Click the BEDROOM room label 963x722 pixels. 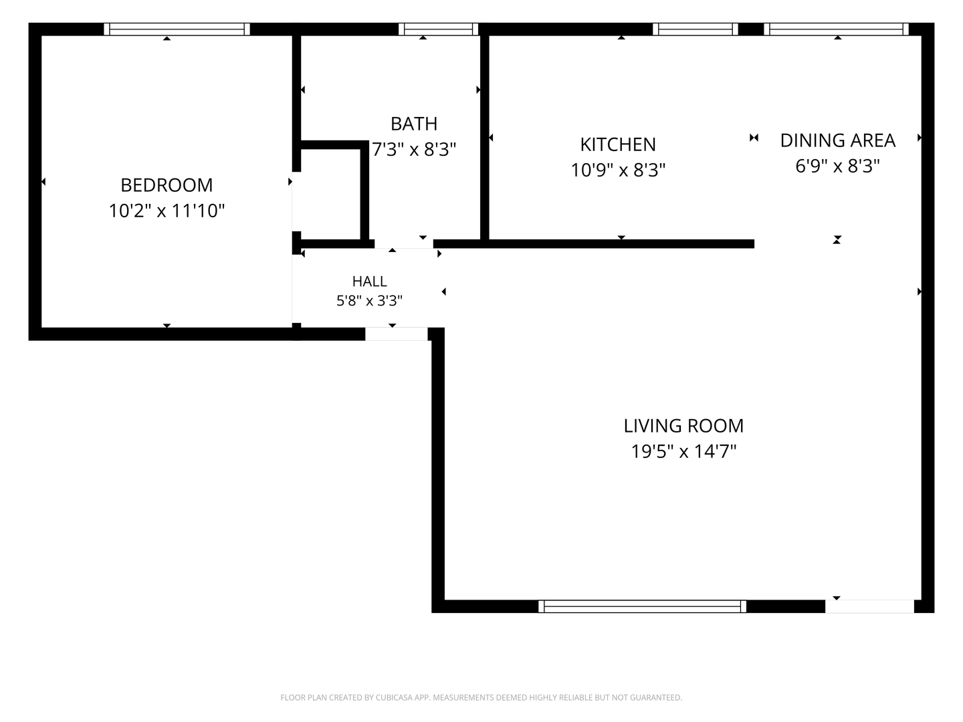click(x=167, y=185)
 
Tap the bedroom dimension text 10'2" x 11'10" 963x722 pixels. click(x=167, y=211)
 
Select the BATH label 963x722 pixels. click(x=414, y=124)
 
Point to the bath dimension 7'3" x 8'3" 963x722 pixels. click(x=414, y=150)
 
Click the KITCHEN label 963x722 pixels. click(x=618, y=144)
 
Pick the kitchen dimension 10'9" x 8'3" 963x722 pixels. click(x=618, y=170)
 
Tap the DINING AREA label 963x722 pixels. click(x=837, y=140)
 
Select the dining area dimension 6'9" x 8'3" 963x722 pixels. click(x=837, y=166)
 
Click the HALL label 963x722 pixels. click(x=369, y=281)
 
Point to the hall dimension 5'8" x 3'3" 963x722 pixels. click(x=369, y=301)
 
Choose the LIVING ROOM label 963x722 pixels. click(x=683, y=426)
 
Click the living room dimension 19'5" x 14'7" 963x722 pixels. click(x=683, y=451)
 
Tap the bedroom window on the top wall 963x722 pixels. click(x=177, y=29)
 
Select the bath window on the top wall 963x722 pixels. click(x=438, y=29)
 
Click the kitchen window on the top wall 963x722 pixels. click(x=695, y=29)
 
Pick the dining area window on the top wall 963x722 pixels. click(x=836, y=29)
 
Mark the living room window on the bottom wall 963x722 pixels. click(x=642, y=606)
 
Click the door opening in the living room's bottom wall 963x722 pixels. click(x=869, y=606)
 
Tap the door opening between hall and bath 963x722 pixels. click(x=404, y=244)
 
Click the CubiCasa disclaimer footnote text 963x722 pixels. click(x=481, y=697)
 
